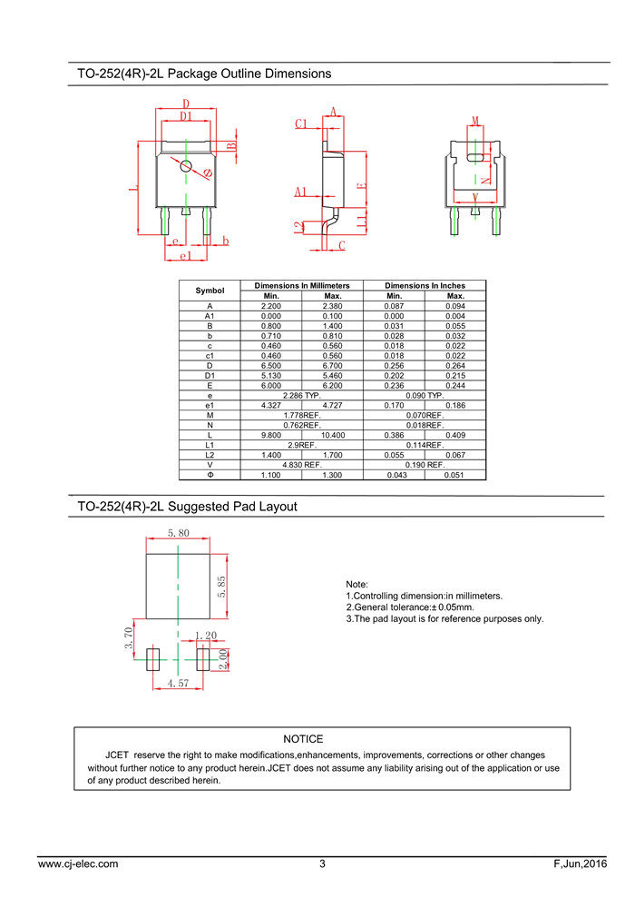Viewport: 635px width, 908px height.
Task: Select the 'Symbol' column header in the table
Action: (x=210, y=291)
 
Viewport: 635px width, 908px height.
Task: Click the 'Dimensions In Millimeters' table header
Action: (x=301, y=285)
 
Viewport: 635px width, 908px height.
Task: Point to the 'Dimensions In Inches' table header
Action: (x=425, y=285)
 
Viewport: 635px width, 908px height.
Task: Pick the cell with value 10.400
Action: (x=332, y=435)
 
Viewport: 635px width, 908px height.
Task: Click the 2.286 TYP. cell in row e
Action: (x=301, y=395)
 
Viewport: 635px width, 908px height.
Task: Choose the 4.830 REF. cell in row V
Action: (x=301, y=465)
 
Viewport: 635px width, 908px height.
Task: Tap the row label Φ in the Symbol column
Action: (x=210, y=475)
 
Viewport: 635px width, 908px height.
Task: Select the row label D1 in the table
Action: (x=210, y=375)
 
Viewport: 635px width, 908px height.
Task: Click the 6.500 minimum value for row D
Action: (x=270, y=365)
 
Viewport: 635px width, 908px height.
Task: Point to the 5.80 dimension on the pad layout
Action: (x=178, y=534)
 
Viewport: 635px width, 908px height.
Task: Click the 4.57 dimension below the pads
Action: (x=178, y=684)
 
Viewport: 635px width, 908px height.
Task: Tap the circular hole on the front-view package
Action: (x=186, y=165)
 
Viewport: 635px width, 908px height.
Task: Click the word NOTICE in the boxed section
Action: (x=303, y=739)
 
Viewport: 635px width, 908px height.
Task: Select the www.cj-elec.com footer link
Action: (x=78, y=864)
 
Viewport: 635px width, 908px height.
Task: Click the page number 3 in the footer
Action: (x=322, y=864)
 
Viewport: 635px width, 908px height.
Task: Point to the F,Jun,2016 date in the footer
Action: (x=581, y=864)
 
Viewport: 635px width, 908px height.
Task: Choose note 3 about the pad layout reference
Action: (x=444, y=619)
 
